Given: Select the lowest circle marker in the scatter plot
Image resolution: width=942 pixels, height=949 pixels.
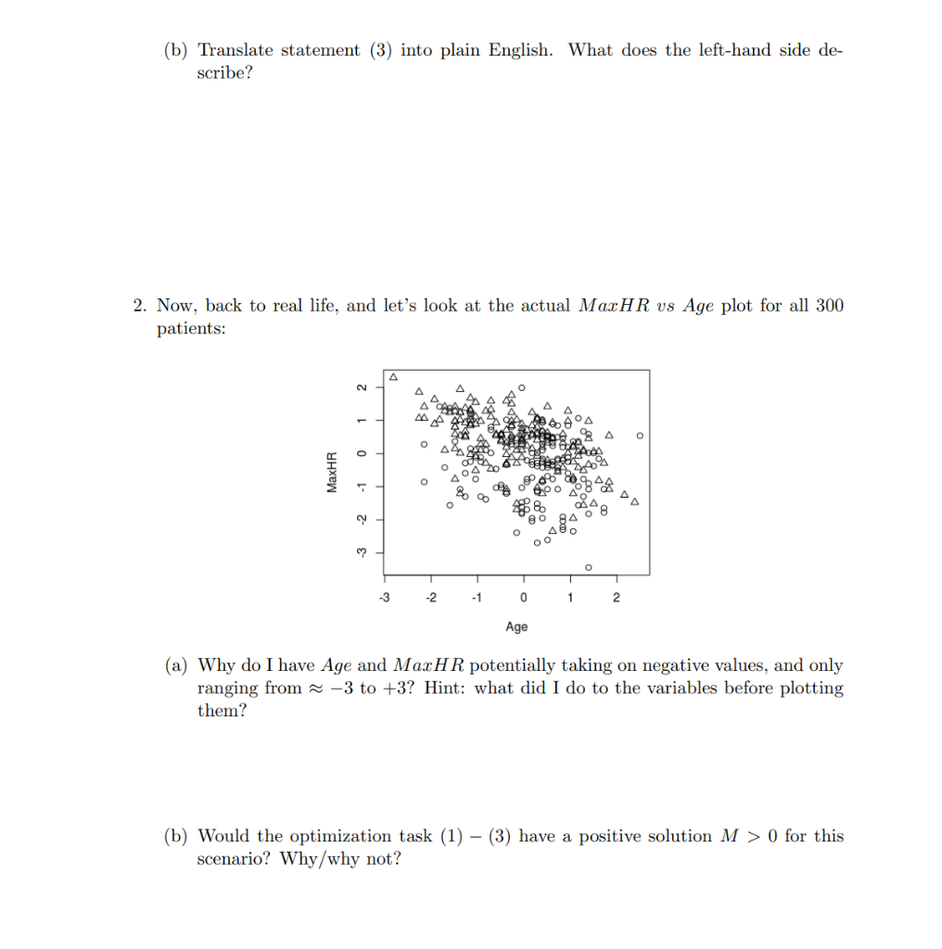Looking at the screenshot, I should [588, 566].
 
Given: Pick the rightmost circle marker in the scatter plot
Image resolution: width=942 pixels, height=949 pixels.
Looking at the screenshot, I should [640, 435].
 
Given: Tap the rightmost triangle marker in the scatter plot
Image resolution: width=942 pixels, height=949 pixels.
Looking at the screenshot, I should [635, 501].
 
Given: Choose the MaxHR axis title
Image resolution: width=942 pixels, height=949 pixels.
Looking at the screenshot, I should [331, 472].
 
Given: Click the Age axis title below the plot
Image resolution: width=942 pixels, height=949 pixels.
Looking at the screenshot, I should [516, 627].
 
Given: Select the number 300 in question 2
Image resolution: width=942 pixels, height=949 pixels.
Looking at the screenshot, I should [829, 306].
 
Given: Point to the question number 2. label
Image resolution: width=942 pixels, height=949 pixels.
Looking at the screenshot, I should [140, 306].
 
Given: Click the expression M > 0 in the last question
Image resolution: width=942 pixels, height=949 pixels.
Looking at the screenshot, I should [748, 836].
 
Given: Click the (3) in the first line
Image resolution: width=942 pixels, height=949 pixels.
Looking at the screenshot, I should [382, 50].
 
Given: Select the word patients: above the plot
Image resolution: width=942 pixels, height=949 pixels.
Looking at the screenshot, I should [191, 329].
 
